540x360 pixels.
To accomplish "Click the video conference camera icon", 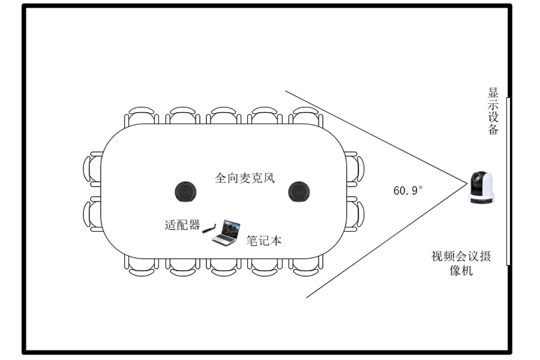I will [481, 188].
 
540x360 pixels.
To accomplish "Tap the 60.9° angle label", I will [408, 191].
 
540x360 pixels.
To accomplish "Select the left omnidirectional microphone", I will [186, 191].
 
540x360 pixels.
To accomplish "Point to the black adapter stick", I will [208, 228].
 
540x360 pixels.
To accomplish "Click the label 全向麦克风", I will [245, 178].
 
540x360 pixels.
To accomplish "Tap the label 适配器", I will [182, 225].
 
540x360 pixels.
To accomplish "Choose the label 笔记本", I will [264, 241].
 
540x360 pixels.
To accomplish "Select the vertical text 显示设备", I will [493, 112].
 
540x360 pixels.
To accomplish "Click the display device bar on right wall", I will [509, 180].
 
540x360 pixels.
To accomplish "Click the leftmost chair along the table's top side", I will [143, 116].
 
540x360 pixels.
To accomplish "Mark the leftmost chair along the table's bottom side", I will [143, 266].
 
